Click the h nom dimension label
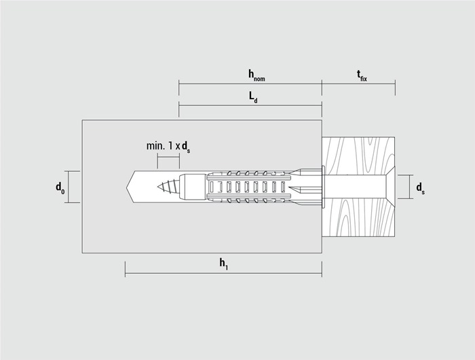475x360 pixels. (256, 75)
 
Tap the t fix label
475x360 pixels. (362, 76)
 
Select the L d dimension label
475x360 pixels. (253, 98)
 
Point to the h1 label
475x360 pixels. (224, 264)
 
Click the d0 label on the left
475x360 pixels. (60, 187)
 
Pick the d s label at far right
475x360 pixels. (420, 188)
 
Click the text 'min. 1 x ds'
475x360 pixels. (168, 147)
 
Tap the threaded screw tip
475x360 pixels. (168, 187)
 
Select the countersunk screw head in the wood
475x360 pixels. (390, 187)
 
